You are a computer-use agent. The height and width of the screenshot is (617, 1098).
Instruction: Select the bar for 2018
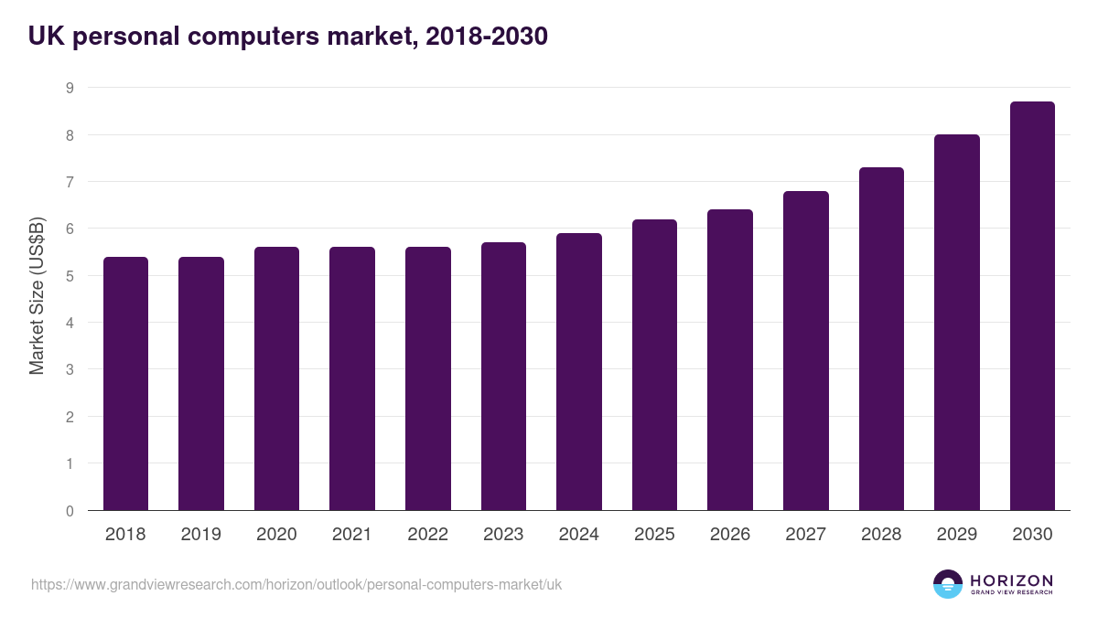click(x=125, y=384)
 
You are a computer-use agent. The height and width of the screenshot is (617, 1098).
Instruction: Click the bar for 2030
click(x=1032, y=306)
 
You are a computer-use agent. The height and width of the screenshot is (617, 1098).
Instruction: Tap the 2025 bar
click(x=654, y=366)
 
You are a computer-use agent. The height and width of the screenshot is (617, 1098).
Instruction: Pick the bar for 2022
click(x=427, y=379)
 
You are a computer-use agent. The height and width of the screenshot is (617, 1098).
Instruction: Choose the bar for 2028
click(x=881, y=339)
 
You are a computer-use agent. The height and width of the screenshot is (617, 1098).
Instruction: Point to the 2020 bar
click(x=276, y=379)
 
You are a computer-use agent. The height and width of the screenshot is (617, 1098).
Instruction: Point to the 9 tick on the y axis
click(x=69, y=88)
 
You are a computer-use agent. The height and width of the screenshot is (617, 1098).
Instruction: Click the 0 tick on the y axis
click(x=69, y=511)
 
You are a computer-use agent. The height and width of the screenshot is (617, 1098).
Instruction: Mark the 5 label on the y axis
click(x=69, y=276)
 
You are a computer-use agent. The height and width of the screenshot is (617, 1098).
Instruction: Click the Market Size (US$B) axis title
click(x=38, y=296)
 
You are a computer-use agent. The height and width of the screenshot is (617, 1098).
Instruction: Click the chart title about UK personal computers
click(x=288, y=37)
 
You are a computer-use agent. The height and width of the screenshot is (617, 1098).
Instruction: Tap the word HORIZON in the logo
click(x=1012, y=580)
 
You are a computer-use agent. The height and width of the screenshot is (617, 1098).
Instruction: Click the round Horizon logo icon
click(x=948, y=584)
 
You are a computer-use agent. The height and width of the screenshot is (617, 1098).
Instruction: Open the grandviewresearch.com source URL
click(x=296, y=584)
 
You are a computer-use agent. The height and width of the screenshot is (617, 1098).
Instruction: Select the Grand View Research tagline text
click(x=1012, y=593)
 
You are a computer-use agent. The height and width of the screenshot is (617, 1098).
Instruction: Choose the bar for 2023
click(x=503, y=377)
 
